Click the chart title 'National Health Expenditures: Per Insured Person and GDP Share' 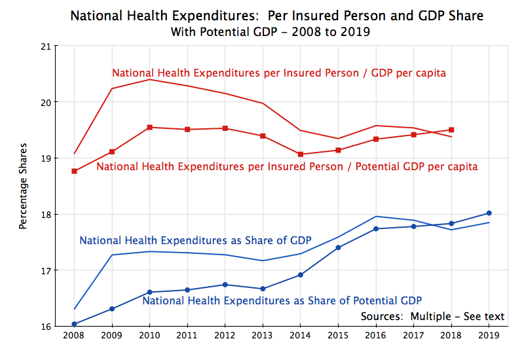pyautogui.click(x=276, y=16)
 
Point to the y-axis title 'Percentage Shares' pyautogui.click(x=23, y=186)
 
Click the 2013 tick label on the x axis pyautogui.click(x=263, y=335)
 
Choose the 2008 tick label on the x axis pyautogui.click(x=75, y=335)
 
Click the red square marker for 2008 pyautogui.click(x=75, y=171)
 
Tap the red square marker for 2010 pyautogui.click(x=150, y=127)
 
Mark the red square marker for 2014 pyautogui.click(x=301, y=154)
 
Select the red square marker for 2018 pyautogui.click(x=451, y=130)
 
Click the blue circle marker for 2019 pyautogui.click(x=489, y=213)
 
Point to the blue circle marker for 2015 pyautogui.click(x=338, y=247)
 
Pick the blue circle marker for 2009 pyautogui.click(x=112, y=309)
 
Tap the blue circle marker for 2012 pyautogui.click(x=225, y=285)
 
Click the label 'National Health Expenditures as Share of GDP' pyautogui.click(x=195, y=240)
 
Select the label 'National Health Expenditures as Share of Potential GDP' pyautogui.click(x=282, y=301)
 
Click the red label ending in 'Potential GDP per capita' pyautogui.click(x=287, y=167)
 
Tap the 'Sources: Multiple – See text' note pyautogui.click(x=432, y=317)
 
